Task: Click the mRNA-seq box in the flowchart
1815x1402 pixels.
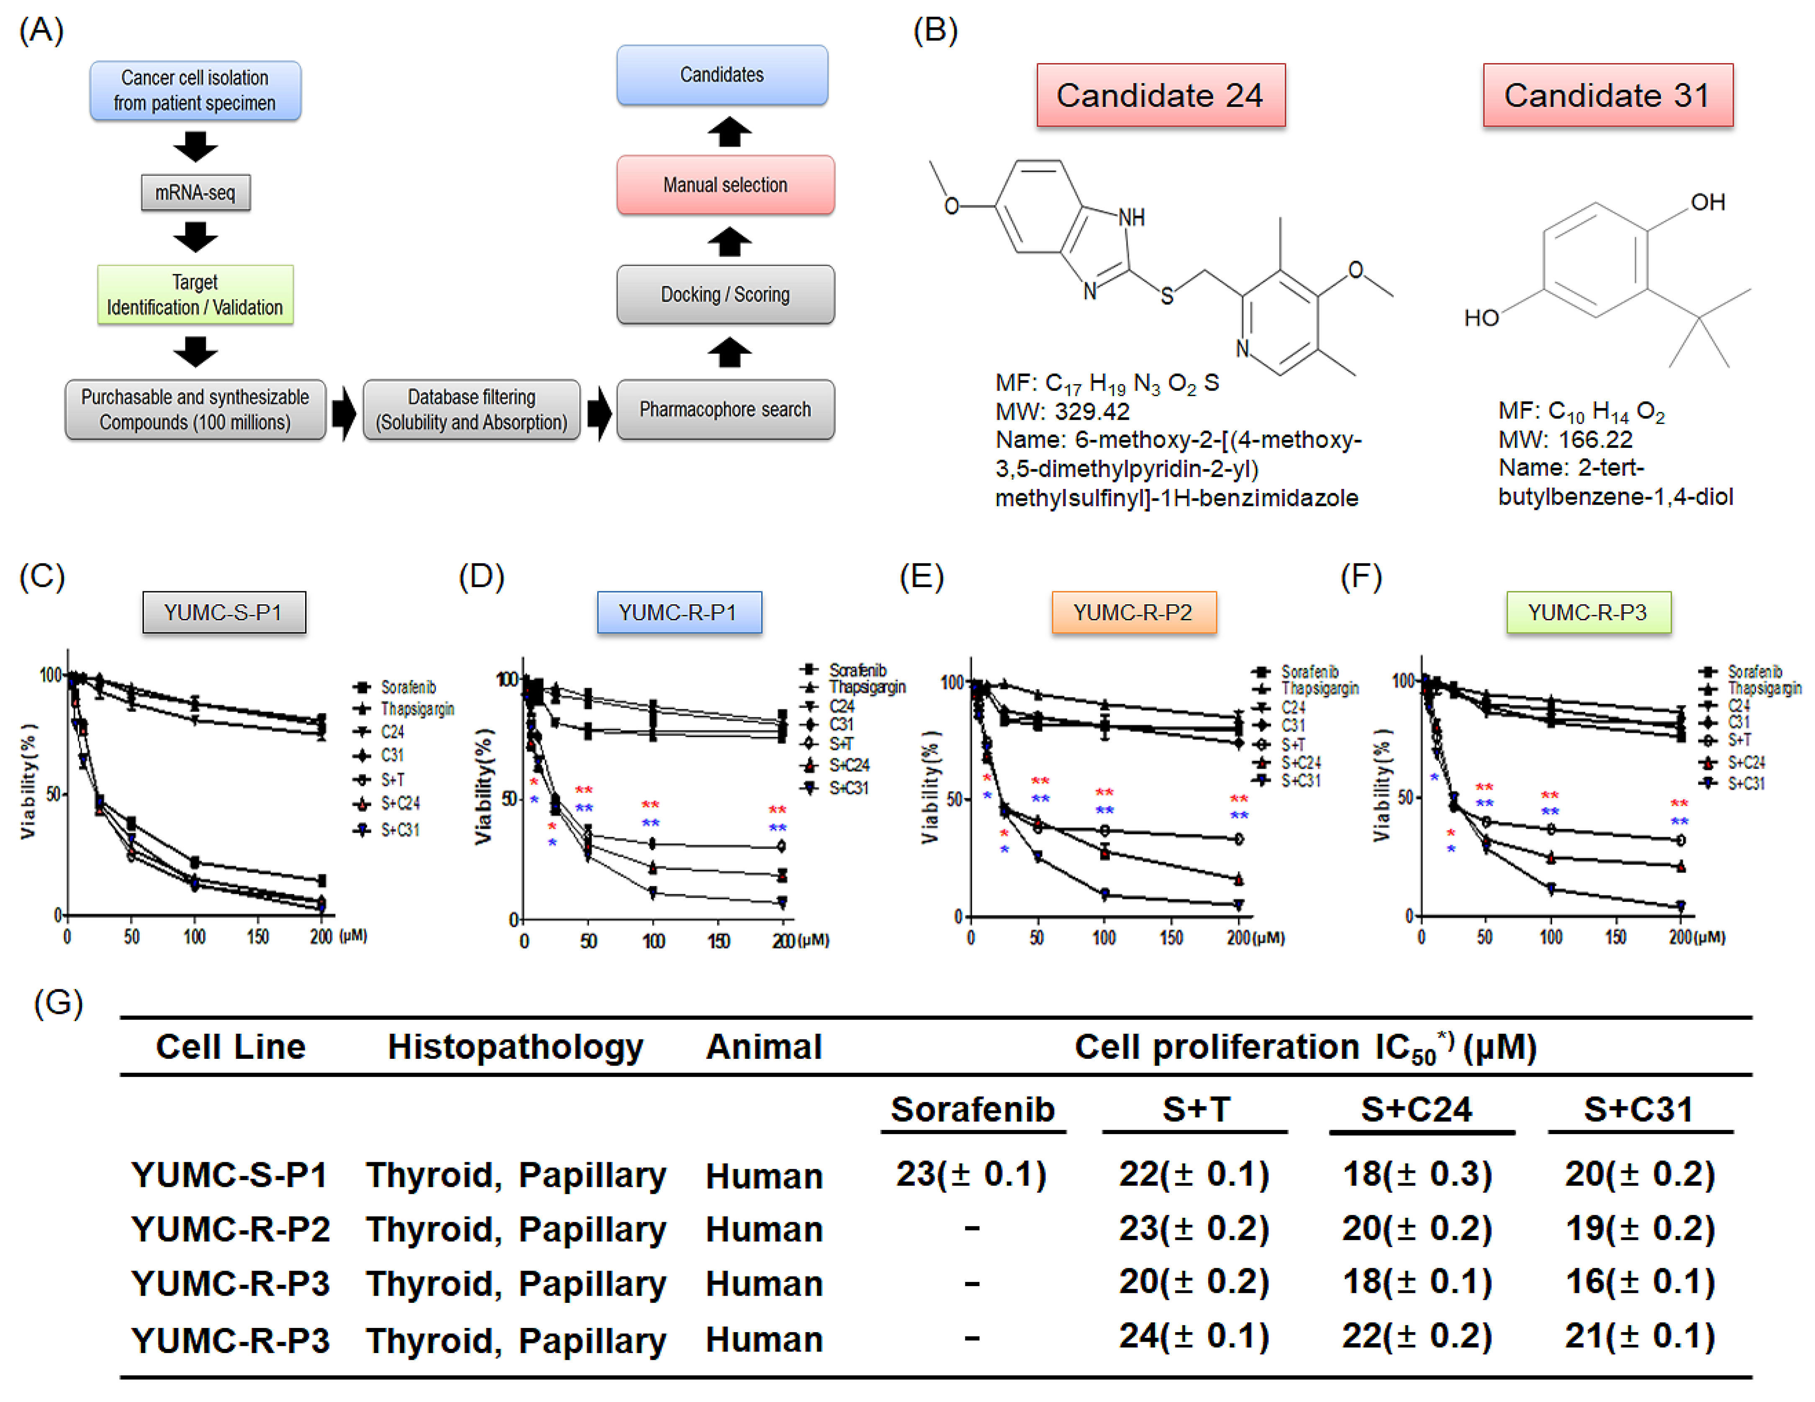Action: pyautogui.click(x=195, y=193)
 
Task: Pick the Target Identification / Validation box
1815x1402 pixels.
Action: pyautogui.click(x=195, y=295)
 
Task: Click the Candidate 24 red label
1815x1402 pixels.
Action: pyautogui.click(x=1160, y=95)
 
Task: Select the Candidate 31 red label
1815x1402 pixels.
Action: pyautogui.click(x=1607, y=95)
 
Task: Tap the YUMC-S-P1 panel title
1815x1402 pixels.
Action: pyautogui.click(x=223, y=613)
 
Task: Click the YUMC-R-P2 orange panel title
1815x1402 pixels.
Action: pyautogui.click(x=1134, y=613)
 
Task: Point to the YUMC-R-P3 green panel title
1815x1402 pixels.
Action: pyautogui.click(x=1588, y=613)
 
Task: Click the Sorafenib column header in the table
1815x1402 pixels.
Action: pyautogui.click(x=972, y=1109)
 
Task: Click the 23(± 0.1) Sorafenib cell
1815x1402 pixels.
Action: pyautogui.click(x=970, y=1174)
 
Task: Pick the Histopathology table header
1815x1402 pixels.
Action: pyautogui.click(x=515, y=1047)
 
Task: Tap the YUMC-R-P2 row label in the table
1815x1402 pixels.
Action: pyautogui.click(x=230, y=1229)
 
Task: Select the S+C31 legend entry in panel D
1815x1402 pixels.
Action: pyautogui.click(x=848, y=788)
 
